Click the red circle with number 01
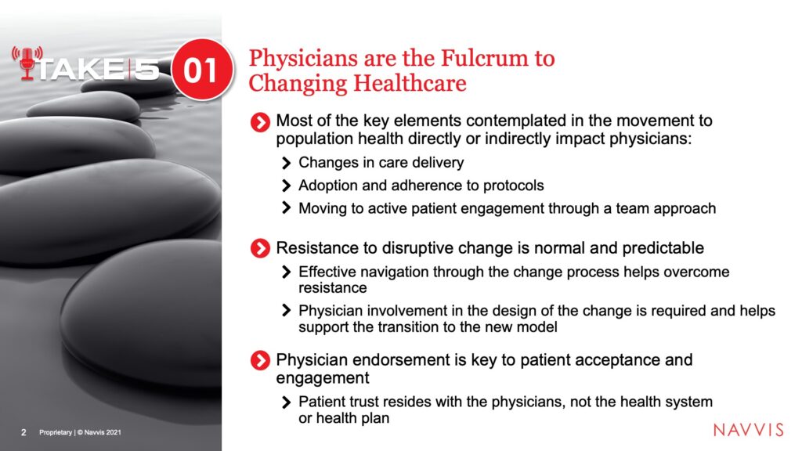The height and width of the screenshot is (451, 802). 202,69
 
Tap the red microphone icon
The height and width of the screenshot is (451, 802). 27,63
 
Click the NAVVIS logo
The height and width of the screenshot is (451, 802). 748,430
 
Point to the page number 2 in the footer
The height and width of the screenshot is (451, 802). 23,432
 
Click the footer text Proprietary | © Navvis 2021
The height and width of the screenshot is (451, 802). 81,432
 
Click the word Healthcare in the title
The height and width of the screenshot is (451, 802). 409,83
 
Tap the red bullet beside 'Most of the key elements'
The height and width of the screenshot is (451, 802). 260,122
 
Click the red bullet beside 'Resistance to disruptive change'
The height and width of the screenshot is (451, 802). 260,248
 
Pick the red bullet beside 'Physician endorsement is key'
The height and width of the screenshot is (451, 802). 260,360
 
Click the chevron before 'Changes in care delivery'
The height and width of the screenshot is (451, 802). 287,163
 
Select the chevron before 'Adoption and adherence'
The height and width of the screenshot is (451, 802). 287,186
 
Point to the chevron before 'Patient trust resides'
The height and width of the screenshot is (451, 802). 287,402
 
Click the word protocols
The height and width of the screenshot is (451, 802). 514,186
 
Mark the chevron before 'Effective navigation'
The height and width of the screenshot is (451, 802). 287,272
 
